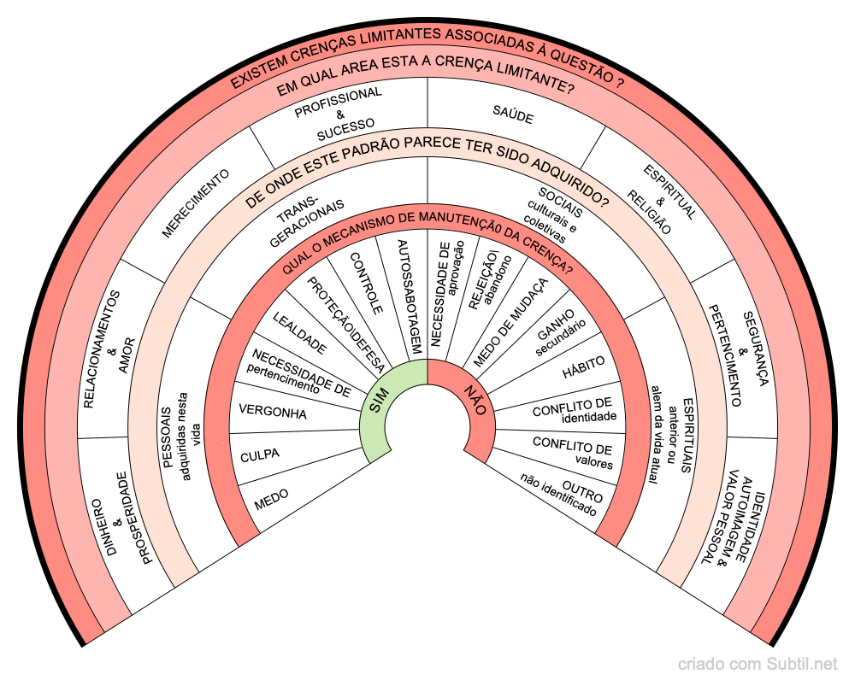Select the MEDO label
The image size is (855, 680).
click(x=272, y=500)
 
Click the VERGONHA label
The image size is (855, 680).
click(x=273, y=412)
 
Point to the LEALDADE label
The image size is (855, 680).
click(x=299, y=333)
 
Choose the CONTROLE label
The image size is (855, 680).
click(x=367, y=283)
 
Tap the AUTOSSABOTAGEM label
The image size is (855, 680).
click(x=410, y=297)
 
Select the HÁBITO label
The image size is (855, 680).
click(x=583, y=367)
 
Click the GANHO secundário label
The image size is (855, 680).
click(x=559, y=331)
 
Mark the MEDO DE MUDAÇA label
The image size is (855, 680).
click(x=510, y=322)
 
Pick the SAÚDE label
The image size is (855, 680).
click(x=512, y=114)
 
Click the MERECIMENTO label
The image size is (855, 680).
click(x=195, y=203)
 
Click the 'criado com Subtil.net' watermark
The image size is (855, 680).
click(x=758, y=665)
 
